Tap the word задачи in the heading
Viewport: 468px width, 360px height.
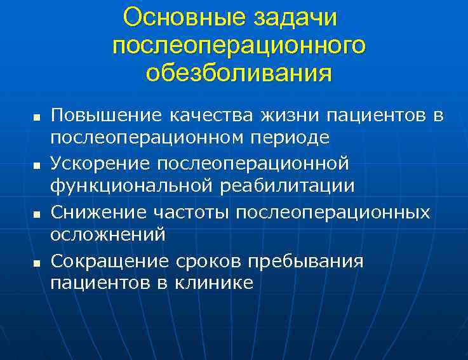pyautogui.click(x=298, y=18)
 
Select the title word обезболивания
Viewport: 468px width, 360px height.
pyautogui.click(x=238, y=72)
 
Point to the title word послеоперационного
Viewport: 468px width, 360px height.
pyautogui.click(x=239, y=46)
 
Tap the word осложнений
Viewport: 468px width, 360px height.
pyautogui.click(x=108, y=234)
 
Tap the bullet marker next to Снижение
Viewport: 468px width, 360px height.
pyautogui.click(x=36, y=213)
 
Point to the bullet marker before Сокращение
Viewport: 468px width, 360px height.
pyautogui.click(x=36, y=262)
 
